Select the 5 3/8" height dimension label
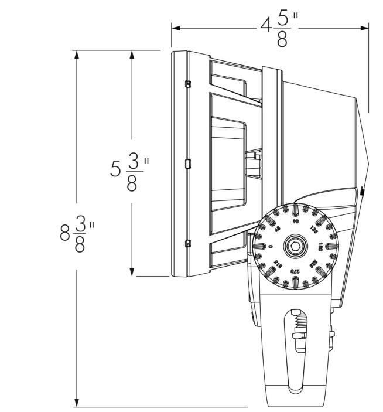pos(130,171)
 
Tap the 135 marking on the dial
pos(314,230)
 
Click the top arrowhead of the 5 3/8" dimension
pos(132,55)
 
